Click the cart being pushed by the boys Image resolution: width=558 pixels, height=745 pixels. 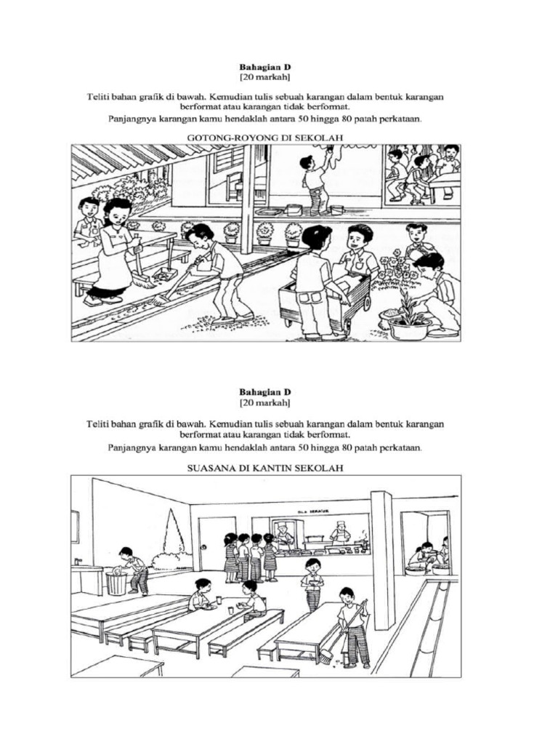coord(324,298)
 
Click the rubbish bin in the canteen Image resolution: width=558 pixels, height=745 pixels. coord(116,582)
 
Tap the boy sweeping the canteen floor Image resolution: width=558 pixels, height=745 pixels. coord(353,626)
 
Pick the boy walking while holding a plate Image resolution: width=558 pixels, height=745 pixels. coord(312,583)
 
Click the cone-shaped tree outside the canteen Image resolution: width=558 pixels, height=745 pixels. coord(174,535)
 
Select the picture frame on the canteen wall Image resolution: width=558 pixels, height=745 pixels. coord(76,527)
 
